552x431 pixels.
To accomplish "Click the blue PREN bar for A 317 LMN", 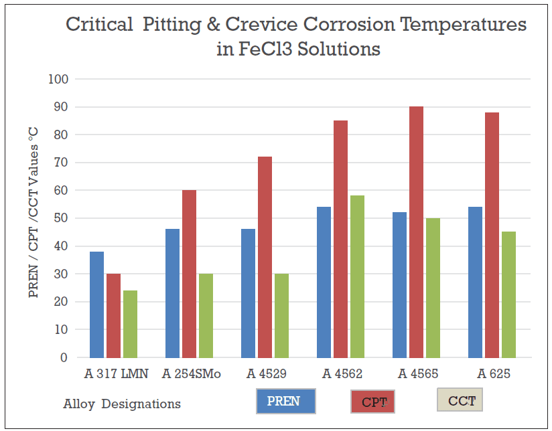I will pos(96,305).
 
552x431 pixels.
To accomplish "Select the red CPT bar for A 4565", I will pos(416,232).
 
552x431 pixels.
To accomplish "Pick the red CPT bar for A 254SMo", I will pos(189,274).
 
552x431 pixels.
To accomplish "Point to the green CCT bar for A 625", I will pos(508,294).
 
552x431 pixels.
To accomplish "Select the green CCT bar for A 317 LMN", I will pos(129,324).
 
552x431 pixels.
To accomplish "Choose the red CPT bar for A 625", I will pos(492,235).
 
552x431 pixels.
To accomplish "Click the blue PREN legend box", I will pos(285,402).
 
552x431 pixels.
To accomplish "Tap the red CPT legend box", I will pos(372,402).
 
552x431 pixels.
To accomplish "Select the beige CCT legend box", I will pos(460,400).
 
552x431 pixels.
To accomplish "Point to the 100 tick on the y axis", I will pos(59,79).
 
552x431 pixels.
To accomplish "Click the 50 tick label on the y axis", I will pos(62,218).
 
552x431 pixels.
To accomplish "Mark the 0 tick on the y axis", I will pos(64,357).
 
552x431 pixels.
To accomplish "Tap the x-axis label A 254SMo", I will pos(191,373).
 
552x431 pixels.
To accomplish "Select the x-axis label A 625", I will pos(491,373).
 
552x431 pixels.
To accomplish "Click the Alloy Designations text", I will pos(122,404).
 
